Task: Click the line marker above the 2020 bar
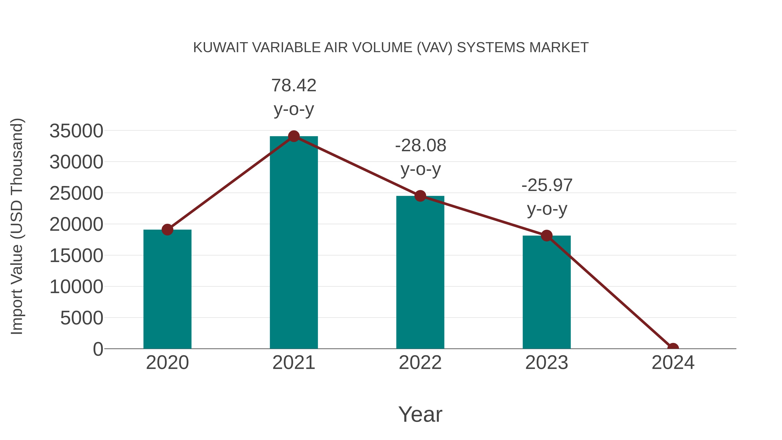167,230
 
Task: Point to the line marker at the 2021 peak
293,136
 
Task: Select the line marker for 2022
420,196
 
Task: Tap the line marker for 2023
547,235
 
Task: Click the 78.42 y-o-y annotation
293,97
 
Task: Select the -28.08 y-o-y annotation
421,157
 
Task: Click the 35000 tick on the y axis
76,131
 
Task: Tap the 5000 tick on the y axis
82,318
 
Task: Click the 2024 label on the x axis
673,363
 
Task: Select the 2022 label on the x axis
420,363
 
